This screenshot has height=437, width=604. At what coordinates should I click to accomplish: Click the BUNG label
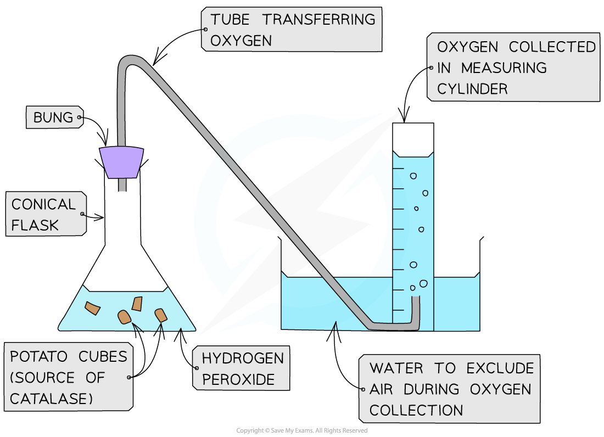pos(53,117)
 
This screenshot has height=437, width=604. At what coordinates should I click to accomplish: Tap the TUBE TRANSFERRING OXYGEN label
pos(291,30)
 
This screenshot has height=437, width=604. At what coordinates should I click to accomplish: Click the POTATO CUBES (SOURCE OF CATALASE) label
pos(69,378)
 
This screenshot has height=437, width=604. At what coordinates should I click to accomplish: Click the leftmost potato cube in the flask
pos(93,309)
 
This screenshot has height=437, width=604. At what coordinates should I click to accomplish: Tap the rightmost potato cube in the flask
pos(161,315)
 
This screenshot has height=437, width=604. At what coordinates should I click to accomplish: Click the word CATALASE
pos(52,399)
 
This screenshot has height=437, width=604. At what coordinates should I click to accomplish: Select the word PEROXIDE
pos(238,380)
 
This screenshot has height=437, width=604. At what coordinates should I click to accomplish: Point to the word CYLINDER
pos(473,89)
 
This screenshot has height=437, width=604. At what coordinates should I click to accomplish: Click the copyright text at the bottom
pos(301,430)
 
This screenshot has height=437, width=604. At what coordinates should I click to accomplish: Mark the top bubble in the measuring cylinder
pos(413,176)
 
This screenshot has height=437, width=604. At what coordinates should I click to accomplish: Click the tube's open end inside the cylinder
pos(416,300)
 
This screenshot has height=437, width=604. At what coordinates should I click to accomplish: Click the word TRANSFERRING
pos(318,20)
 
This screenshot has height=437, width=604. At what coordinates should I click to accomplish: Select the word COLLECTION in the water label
pos(416,410)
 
